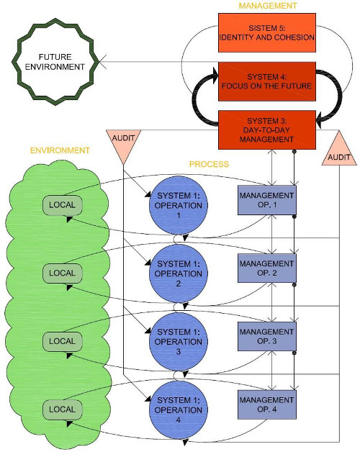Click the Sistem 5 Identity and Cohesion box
pos(267,32)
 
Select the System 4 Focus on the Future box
pos(267,81)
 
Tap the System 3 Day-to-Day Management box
pos(267,130)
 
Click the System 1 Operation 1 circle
pos(179,205)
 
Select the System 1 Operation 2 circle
pos(179,273)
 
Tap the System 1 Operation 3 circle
pos(179,342)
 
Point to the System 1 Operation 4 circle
pos(179,410)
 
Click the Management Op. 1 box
pos(267,200)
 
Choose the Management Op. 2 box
pos(267,268)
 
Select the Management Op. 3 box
pos(267,336)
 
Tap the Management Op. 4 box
pos(267,404)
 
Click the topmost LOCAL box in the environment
pos(63,205)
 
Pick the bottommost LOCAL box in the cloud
pos(63,410)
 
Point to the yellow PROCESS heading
pos(209,164)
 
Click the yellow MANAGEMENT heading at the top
pos(268,6)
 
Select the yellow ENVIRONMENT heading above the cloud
pos(60,150)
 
